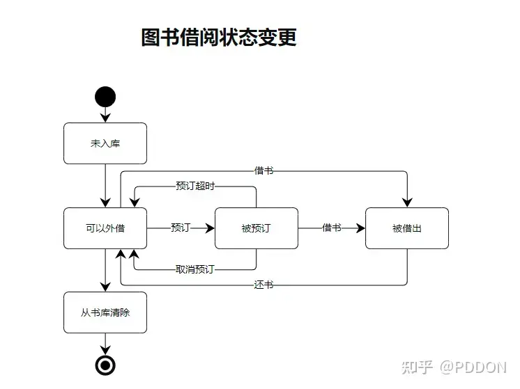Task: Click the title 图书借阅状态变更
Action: click(219, 38)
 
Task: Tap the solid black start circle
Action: click(105, 97)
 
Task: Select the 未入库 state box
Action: click(105, 143)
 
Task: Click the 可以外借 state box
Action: click(105, 228)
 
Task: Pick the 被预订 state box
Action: click(257, 228)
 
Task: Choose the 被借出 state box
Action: click(407, 228)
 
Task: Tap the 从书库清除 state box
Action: click(105, 312)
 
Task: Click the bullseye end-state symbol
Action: click(105, 365)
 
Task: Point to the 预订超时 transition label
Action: click(195, 186)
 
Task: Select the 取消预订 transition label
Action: click(195, 269)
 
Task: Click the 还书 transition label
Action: click(263, 285)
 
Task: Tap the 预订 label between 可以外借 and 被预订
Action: click(181, 228)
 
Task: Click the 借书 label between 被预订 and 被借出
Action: click(332, 228)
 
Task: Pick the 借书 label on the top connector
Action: click(263, 170)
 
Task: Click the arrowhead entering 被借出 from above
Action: click(407, 203)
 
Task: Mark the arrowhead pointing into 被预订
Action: click(210, 228)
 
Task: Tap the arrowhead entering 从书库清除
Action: click(105, 287)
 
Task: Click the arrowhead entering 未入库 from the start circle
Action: click(105, 118)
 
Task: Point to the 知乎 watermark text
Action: click(418, 367)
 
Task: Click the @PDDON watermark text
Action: click(473, 367)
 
